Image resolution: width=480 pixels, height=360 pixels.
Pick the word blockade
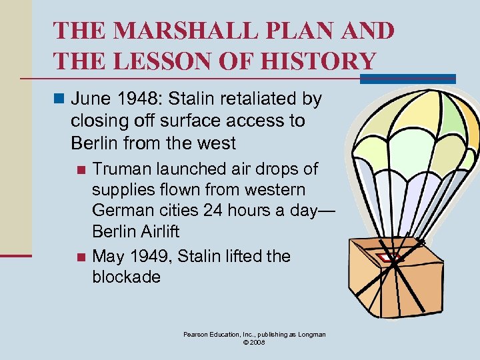(126, 277)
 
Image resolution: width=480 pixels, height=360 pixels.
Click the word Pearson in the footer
(198, 334)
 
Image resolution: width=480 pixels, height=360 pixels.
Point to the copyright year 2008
(259, 342)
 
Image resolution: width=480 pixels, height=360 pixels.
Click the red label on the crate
(386, 256)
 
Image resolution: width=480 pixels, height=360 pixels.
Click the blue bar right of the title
(407, 79)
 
